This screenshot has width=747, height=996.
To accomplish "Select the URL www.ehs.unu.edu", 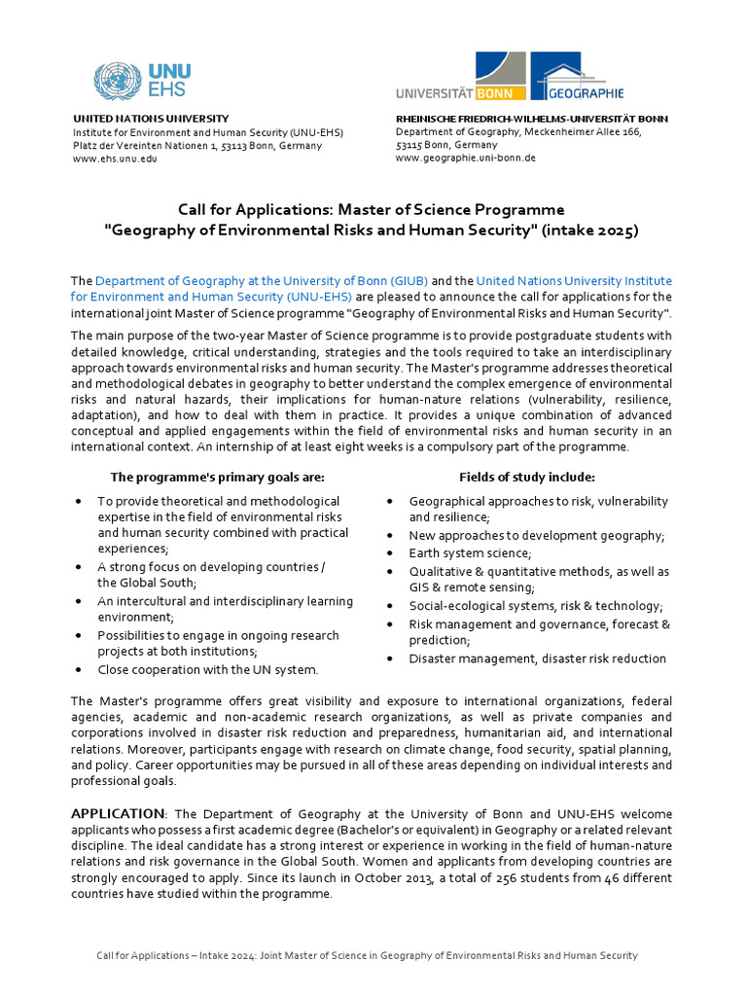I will [x=115, y=159].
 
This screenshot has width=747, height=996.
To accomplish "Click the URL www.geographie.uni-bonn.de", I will [x=465, y=158].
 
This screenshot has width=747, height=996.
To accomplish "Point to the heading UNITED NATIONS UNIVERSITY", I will [x=151, y=118].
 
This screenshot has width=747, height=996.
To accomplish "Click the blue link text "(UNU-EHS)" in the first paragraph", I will [x=318, y=296].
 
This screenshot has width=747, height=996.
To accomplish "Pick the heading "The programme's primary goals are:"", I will [x=218, y=477].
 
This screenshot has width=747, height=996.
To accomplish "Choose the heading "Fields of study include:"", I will [x=527, y=477].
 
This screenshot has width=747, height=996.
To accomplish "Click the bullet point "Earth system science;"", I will [x=464, y=553].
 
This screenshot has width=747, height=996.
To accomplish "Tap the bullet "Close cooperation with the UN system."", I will [x=207, y=669].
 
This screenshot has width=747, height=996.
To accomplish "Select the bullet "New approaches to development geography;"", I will [x=537, y=536].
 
